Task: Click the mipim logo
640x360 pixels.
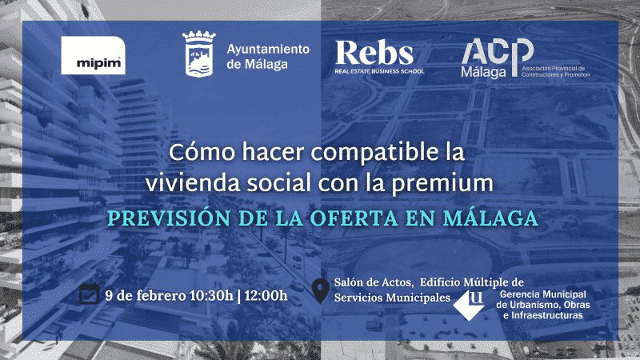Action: click(x=93, y=55)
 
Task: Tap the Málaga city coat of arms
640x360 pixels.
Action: click(x=198, y=54)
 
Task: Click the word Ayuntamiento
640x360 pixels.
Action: click(x=268, y=50)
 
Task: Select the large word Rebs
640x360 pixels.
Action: click(x=374, y=53)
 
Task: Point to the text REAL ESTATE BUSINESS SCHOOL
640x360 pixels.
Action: click(x=379, y=71)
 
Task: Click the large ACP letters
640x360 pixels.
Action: click(x=498, y=51)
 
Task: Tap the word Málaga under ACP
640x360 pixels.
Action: click(x=484, y=72)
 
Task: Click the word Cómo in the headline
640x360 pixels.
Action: click(x=202, y=152)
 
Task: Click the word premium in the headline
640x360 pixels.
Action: click(x=442, y=184)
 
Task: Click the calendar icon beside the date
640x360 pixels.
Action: click(x=90, y=294)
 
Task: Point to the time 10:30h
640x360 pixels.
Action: click(x=211, y=295)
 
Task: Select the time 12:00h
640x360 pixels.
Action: click(x=266, y=295)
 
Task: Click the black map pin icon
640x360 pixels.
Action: click(x=321, y=290)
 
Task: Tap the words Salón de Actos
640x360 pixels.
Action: click(x=374, y=282)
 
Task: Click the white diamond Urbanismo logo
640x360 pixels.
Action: click(x=469, y=305)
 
